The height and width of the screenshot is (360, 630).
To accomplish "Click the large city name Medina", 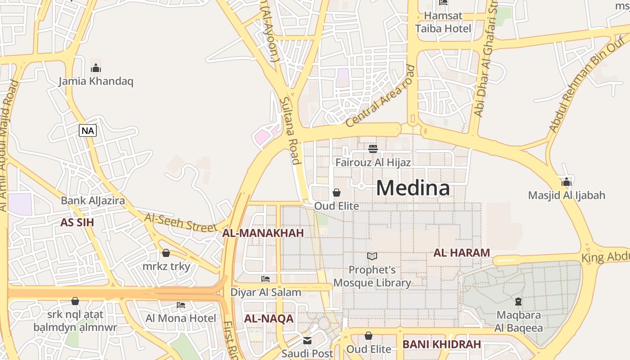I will pos(413,188).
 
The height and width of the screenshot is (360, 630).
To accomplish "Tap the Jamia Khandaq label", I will pos(96,81).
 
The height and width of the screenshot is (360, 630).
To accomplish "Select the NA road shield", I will pos(88,130).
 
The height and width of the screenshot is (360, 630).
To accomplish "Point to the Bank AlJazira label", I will pos(93,201).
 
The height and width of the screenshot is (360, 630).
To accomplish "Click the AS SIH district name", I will pos(77,222).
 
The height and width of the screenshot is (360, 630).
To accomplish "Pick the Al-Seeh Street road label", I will pos(180,223).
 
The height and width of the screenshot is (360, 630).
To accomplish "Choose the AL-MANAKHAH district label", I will pos(263,233).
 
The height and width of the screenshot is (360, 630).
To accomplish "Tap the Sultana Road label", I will pos(290,131).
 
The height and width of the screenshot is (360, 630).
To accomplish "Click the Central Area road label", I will pos(381,96).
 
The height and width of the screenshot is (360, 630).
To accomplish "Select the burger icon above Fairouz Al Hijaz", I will pos(373,148).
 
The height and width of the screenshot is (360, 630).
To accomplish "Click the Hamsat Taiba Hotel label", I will pos(443,22).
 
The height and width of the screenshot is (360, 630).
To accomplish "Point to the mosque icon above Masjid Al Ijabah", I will pos(567,182).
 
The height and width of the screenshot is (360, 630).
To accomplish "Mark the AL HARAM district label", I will pos(461,253).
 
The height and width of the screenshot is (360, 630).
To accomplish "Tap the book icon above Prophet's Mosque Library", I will pos(372,256).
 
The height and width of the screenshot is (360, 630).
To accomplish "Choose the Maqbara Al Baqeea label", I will pos(518,321).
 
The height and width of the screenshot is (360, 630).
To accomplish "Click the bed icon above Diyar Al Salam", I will pos(265,279).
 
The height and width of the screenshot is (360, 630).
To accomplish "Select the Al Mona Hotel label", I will pos(180,318).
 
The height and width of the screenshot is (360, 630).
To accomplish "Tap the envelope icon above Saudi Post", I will pos(307,340).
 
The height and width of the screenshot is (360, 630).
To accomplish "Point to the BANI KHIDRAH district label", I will pos(441,344).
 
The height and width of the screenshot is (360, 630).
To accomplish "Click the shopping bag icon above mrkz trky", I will pos(166,253).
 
